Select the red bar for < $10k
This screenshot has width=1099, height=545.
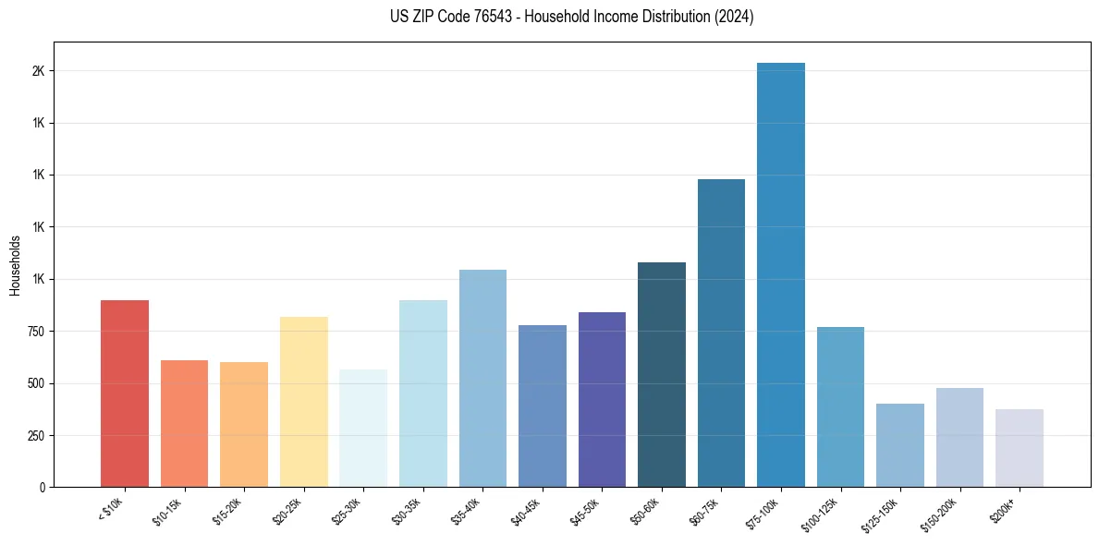(125, 394)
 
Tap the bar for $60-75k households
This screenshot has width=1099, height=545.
(721, 333)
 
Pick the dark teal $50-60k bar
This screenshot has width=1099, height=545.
(662, 374)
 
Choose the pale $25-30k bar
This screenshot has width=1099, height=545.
(363, 428)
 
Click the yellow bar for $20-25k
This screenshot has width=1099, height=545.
(304, 402)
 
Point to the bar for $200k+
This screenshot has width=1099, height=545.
(1020, 448)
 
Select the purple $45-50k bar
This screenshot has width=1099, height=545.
(602, 399)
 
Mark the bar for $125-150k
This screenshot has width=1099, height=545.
(900, 445)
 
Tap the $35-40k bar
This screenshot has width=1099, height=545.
(482, 378)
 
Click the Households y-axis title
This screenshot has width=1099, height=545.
(16, 265)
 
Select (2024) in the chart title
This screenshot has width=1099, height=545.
(735, 17)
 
